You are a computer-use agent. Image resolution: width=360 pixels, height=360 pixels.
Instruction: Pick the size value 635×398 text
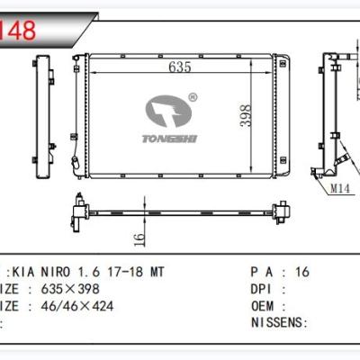63,289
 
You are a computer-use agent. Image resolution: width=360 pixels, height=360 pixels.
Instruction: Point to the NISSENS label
274,322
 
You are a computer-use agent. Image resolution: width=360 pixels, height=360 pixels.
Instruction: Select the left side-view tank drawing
41,112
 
